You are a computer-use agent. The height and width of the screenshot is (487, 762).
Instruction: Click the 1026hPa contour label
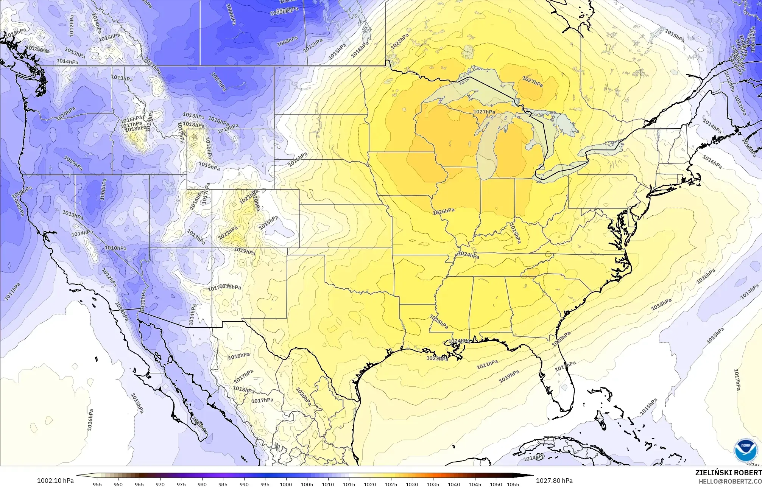coord(444,211)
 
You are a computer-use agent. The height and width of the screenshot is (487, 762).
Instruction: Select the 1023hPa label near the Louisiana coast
coord(437,358)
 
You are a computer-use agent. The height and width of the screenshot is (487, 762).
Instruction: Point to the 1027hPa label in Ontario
coord(532,81)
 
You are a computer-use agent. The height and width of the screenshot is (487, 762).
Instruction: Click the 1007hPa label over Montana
coord(218,82)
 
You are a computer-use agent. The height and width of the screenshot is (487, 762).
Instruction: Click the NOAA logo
coord(744,451)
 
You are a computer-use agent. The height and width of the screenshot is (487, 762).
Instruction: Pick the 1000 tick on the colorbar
coord(286,484)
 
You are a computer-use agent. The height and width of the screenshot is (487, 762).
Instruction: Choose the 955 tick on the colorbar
coord(97,484)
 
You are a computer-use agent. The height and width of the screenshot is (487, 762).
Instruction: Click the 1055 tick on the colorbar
coord(513,484)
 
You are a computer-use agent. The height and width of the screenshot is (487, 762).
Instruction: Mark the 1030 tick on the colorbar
coord(412,484)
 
